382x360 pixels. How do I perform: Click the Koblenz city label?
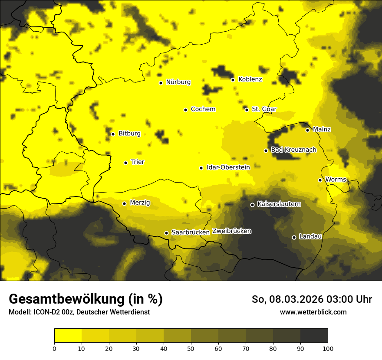[250, 79]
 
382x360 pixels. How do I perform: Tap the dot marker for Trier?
[126, 163]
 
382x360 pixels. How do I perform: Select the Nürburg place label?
[178, 82]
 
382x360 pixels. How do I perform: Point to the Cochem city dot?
[185, 110]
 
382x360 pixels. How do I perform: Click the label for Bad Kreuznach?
[293, 150]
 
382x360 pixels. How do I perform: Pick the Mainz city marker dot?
[307, 130]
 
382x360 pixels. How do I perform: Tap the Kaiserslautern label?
[279, 204]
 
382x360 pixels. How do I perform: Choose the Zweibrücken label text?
[231, 231]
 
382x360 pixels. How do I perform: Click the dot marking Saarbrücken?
[166, 233]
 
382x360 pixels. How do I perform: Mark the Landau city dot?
[294, 237]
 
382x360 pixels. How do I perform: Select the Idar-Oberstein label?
[228, 167]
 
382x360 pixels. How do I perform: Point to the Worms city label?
[336, 180]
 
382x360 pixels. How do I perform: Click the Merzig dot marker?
[124, 203]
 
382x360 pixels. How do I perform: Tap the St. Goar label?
[264, 109]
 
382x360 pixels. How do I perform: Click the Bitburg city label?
[129, 134]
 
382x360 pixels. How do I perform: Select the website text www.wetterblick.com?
[313, 312]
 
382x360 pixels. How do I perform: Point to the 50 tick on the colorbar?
[191, 348]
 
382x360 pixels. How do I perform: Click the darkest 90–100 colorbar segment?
[314, 335]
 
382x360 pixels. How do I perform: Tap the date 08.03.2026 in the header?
[296, 299]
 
